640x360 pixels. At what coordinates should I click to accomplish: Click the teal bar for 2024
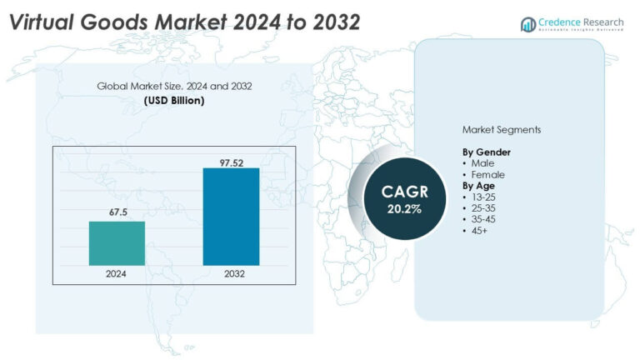point(117,243)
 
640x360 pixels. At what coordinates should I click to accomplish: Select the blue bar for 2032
point(231,217)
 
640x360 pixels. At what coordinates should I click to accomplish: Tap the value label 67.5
point(117,213)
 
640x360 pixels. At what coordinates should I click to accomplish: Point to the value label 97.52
point(231,161)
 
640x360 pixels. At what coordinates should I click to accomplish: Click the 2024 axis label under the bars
point(117,273)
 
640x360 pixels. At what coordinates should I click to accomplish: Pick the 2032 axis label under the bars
point(231,273)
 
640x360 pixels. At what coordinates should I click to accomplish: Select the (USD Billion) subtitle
point(174,100)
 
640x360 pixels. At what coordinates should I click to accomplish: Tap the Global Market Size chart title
point(174,86)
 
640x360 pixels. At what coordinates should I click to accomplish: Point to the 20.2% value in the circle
point(404,208)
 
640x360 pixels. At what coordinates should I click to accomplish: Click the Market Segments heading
point(502,131)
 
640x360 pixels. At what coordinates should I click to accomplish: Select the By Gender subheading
point(487,152)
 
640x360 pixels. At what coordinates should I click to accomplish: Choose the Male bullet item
point(482,163)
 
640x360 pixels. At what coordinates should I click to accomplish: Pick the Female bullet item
point(487,175)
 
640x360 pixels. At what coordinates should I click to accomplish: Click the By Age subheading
point(479,186)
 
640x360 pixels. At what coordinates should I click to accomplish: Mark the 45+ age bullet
point(480,230)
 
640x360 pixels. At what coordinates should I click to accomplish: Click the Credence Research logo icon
point(527,25)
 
